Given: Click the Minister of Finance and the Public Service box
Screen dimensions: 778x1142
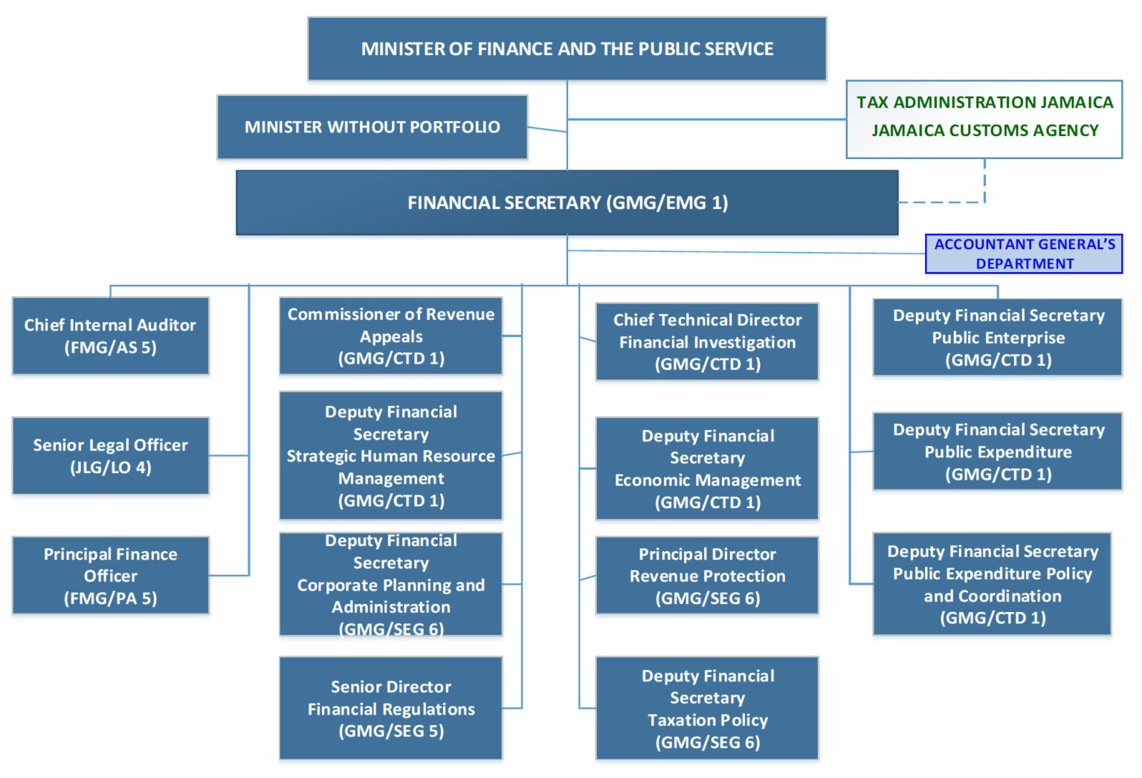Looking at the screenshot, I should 567,49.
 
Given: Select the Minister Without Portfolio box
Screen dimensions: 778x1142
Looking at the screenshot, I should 372,127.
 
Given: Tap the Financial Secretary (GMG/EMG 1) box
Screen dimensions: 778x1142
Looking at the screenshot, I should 567,203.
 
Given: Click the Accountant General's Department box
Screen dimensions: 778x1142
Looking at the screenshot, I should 1024,254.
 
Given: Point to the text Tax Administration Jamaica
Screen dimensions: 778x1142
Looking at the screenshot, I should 984,103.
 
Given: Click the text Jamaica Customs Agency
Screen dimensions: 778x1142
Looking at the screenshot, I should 984,131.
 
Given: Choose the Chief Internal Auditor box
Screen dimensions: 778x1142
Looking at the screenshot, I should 110,336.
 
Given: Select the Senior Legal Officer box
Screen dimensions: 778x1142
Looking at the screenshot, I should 110,456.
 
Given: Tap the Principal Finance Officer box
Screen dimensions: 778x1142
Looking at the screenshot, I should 110,576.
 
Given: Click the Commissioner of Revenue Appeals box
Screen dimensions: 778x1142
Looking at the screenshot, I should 390,336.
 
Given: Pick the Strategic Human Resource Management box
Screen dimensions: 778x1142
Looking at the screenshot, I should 390,456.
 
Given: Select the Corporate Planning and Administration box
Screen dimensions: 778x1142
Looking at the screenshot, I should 390,585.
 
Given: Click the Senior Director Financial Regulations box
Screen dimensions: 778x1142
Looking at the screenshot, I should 390,708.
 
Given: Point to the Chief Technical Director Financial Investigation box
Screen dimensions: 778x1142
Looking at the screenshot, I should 707,342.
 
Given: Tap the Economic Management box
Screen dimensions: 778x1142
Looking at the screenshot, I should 707,469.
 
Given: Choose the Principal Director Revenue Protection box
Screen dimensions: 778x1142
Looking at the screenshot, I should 707,576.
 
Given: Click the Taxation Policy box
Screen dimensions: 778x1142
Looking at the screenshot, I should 707,708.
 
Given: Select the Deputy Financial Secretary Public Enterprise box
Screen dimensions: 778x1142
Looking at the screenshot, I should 998,338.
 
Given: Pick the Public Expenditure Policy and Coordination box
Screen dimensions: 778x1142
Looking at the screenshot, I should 992,585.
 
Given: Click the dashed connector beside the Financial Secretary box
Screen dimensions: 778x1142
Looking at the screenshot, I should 941,202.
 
